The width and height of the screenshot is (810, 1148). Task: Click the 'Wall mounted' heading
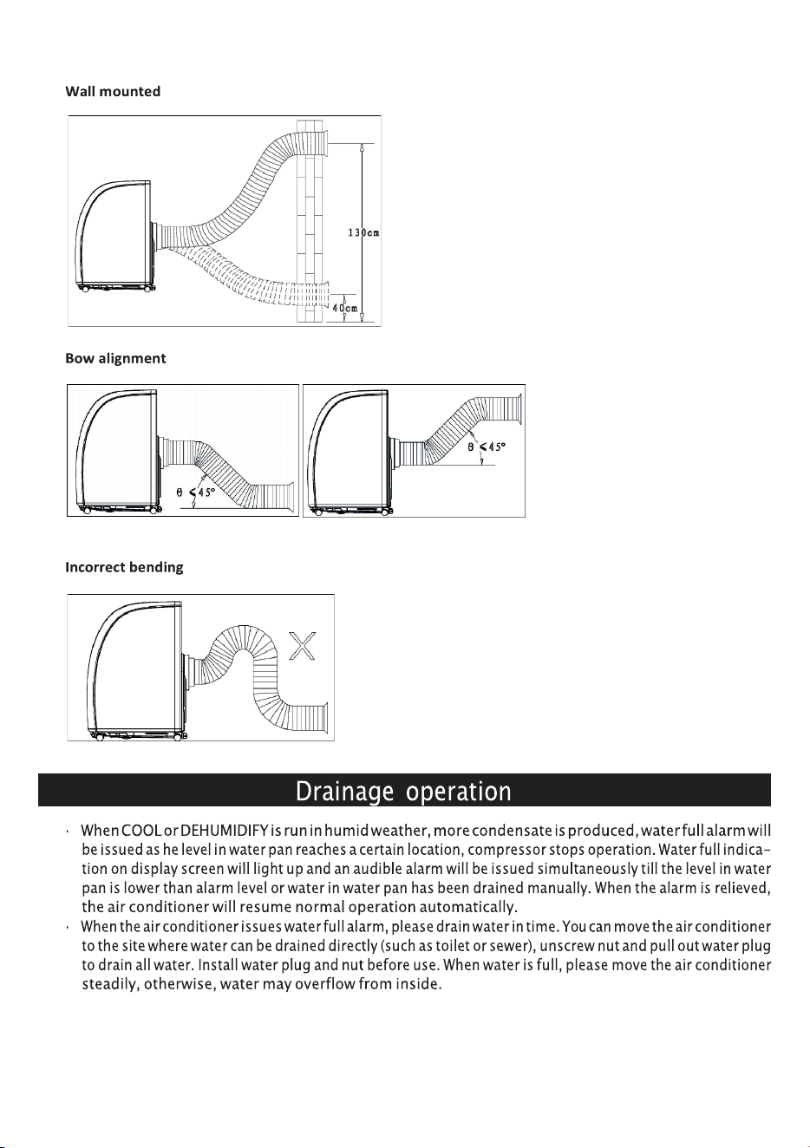[113, 91]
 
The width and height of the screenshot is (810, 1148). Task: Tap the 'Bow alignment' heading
[115, 358]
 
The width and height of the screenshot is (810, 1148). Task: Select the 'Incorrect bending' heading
[124, 567]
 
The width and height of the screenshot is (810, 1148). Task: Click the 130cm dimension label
[363, 232]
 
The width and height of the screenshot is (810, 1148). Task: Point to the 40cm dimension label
[344, 308]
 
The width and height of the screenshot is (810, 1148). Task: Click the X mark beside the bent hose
[303, 646]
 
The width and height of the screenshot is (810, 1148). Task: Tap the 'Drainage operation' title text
[403, 792]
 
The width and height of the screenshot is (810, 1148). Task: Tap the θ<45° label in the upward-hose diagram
[487, 447]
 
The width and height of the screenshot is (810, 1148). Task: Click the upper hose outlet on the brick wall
[323, 143]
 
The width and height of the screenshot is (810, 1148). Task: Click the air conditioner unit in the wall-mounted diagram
[114, 236]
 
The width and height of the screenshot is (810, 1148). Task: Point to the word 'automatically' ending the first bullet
[467, 908]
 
